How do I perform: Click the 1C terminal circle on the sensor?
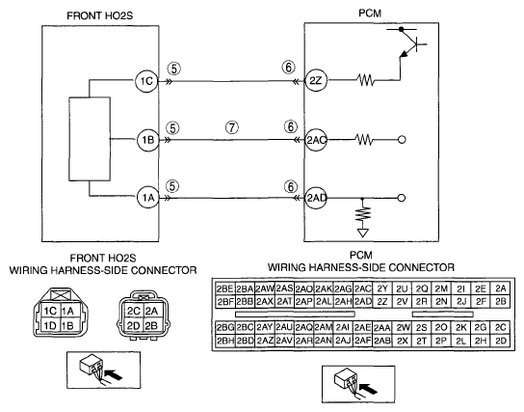[146, 81]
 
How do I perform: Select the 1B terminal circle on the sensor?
[147, 140]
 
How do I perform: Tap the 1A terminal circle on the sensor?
[147, 198]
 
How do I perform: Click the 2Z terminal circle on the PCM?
[316, 80]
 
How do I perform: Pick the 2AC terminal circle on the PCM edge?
[316, 140]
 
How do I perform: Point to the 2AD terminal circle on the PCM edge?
[316, 198]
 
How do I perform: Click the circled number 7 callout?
[232, 127]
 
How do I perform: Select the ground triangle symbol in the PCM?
[362, 233]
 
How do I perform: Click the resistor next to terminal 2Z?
[366, 80]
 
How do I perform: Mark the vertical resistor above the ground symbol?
[362, 214]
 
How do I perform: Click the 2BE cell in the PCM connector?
[224, 288]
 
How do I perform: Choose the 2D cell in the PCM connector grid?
[501, 341]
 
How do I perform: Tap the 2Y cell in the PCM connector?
[382, 288]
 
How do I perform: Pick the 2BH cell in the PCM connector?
[224, 341]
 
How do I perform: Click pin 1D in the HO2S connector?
[50, 325]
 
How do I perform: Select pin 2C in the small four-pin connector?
[133, 312]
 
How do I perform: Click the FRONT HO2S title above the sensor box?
[99, 15]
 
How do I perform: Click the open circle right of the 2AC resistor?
[402, 140]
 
